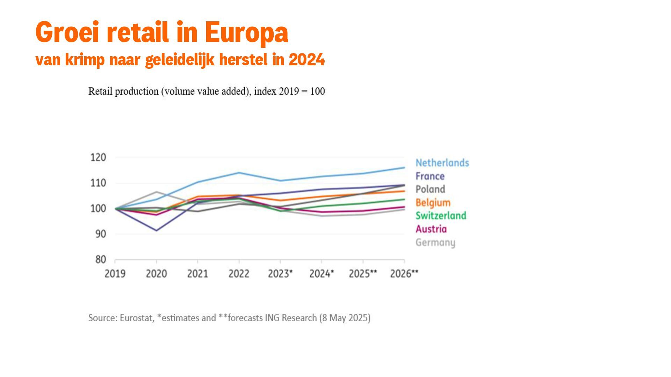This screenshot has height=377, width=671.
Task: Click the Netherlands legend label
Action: point(442,163)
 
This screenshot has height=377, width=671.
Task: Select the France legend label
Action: point(430,176)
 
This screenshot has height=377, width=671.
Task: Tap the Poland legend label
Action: point(430,189)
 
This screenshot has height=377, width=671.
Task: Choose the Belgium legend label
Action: point(433,202)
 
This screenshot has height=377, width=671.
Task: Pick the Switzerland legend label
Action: point(441,216)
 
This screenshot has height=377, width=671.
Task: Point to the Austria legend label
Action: point(431,229)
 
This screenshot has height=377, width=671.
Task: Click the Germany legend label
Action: point(435,242)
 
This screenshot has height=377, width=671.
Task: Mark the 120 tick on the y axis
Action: point(98,157)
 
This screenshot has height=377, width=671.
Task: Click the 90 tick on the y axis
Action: point(100,234)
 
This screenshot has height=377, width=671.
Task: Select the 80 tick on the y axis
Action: point(100,259)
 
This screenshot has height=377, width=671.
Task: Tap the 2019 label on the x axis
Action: point(115,274)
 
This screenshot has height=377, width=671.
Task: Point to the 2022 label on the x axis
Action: point(239,274)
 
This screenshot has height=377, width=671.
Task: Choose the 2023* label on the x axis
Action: point(280,274)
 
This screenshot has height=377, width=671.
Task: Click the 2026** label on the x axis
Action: point(404,274)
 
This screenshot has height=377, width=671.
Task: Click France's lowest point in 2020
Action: point(156,230)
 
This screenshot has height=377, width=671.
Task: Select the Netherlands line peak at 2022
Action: point(239,172)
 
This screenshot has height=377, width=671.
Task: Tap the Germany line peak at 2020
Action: point(156,192)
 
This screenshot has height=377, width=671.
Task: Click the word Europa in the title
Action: point(246,33)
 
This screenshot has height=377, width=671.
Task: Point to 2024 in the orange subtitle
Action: point(306,60)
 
